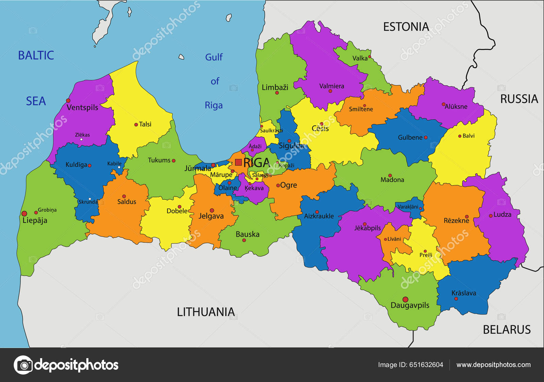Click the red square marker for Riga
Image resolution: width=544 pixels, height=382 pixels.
[238, 162]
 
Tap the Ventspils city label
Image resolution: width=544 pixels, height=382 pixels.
[82, 108]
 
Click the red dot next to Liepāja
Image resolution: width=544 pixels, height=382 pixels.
[24, 213]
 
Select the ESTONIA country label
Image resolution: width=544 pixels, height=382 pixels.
[406, 27]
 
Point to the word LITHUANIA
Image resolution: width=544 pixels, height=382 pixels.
[206, 312]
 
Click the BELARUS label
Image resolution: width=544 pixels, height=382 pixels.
[507, 330]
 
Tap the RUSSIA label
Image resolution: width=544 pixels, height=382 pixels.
[519, 99]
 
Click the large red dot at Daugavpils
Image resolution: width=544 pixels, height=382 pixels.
[405, 299]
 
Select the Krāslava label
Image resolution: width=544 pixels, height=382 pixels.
[463, 293]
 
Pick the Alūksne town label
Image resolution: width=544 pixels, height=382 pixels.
[456, 107]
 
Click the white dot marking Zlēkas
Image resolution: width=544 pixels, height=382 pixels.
[81, 139]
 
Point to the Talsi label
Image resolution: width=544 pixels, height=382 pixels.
[145, 124]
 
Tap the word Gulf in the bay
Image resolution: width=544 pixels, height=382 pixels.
[214, 57]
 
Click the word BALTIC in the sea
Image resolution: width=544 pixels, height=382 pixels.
[36, 55]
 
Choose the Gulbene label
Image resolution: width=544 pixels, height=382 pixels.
[410, 138]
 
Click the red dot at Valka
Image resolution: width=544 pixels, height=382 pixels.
[370, 57]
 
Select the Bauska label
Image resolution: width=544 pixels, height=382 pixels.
[248, 234]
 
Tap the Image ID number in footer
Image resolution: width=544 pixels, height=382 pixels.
[426, 365]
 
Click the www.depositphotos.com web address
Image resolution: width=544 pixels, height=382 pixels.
[493, 365]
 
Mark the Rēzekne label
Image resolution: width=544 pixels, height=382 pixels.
[456, 221]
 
